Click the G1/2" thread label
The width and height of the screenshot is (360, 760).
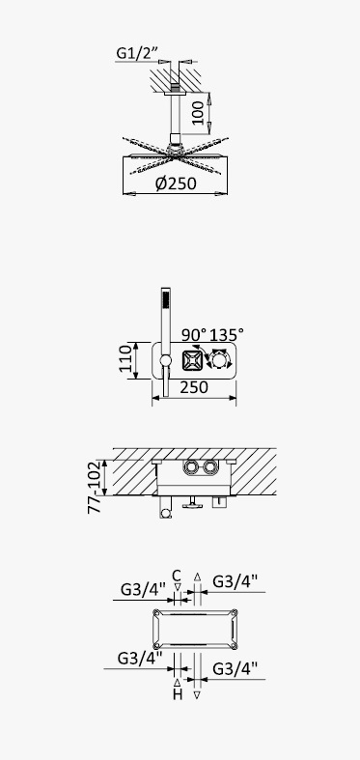(x=137, y=53)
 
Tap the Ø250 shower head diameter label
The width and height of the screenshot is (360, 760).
(x=176, y=183)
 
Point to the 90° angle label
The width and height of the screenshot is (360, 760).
(x=194, y=335)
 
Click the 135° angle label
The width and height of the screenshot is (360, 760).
(x=226, y=335)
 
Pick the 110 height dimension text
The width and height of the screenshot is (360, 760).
(x=126, y=358)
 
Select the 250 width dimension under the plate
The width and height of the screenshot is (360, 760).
(x=194, y=387)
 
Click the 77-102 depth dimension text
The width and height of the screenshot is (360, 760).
(x=95, y=487)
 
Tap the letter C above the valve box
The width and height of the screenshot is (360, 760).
(x=177, y=576)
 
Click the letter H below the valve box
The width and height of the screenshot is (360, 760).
(x=178, y=694)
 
